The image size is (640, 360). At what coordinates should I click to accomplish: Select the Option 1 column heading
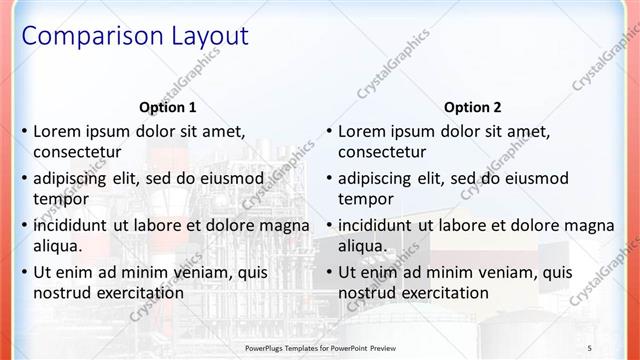point(168,107)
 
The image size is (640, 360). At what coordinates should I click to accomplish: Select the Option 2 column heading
point(473,107)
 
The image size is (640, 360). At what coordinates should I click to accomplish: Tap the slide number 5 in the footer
point(589,347)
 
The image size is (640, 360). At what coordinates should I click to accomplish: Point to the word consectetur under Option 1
point(77,153)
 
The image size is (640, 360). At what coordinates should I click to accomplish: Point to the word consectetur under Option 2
point(382,153)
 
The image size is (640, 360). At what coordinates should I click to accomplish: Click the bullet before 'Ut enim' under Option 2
point(329,273)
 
